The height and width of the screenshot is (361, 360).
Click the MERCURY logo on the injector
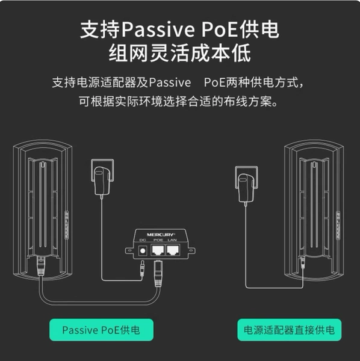click(x=161, y=235)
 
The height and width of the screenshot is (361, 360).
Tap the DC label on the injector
click(x=143, y=240)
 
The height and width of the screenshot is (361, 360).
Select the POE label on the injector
click(x=158, y=240)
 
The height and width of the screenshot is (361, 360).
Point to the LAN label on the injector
click(x=172, y=240)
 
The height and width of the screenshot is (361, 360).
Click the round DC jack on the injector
click(x=143, y=250)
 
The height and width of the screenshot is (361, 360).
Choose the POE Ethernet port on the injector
click(x=158, y=250)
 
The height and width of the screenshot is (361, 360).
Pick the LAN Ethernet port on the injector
click(x=173, y=250)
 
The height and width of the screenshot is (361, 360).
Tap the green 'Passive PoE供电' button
click(x=101, y=330)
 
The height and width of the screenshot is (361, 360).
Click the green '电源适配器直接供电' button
click(x=290, y=330)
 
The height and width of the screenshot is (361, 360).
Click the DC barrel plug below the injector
click(x=142, y=268)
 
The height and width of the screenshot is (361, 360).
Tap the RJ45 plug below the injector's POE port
click(x=158, y=273)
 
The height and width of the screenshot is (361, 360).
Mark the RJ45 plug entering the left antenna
click(x=41, y=265)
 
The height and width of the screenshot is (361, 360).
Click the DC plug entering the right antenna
click(x=303, y=262)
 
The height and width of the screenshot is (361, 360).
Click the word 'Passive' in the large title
click(x=158, y=30)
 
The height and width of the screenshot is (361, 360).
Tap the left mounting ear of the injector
click(x=129, y=250)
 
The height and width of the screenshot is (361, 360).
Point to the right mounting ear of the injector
click(x=191, y=250)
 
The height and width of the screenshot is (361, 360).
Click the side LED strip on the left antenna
click(x=67, y=225)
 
